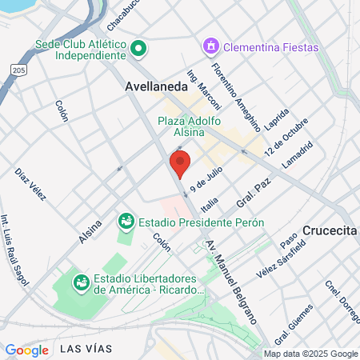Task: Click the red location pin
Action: pyautogui.click(x=180, y=163)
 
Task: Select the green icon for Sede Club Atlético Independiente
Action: pyautogui.click(x=138, y=49)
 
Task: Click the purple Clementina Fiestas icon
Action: pyautogui.click(x=211, y=47)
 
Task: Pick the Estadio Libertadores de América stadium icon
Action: pyautogui.click(x=81, y=282)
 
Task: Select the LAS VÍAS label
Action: pyautogui.click(x=86, y=348)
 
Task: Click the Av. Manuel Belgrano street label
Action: pyautogui.click(x=232, y=280)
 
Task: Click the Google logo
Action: pyautogui.click(x=26, y=350)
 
